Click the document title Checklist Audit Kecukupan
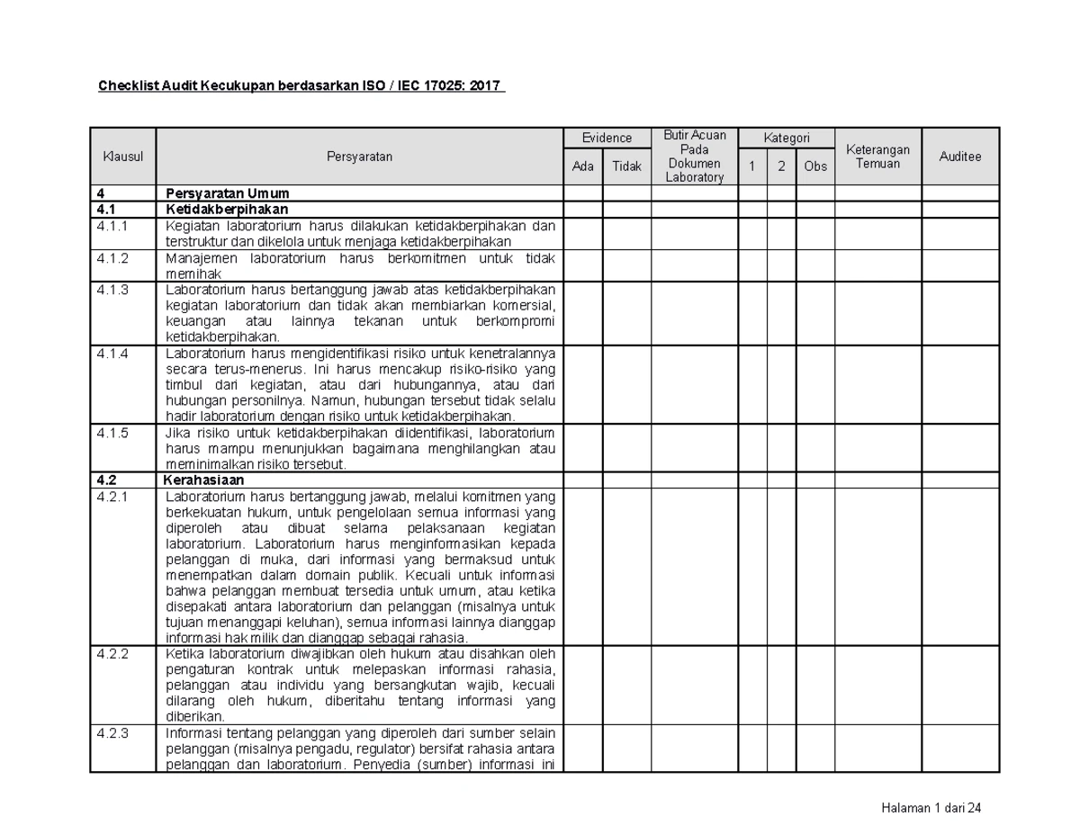[x=301, y=87]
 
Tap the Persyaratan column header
[x=359, y=157]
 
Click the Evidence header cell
[x=607, y=139]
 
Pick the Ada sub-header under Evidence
[x=583, y=166]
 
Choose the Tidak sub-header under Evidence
[x=626, y=166]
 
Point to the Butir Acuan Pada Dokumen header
[x=694, y=157]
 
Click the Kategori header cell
[x=786, y=138]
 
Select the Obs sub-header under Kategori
[x=814, y=166]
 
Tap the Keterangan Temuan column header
[x=877, y=157]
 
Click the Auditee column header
[x=960, y=157]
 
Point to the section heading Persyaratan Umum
[x=227, y=193]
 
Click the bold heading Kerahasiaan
[x=204, y=480]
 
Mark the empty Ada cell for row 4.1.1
[x=583, y=234]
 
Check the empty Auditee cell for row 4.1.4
[x=960, y=384]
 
